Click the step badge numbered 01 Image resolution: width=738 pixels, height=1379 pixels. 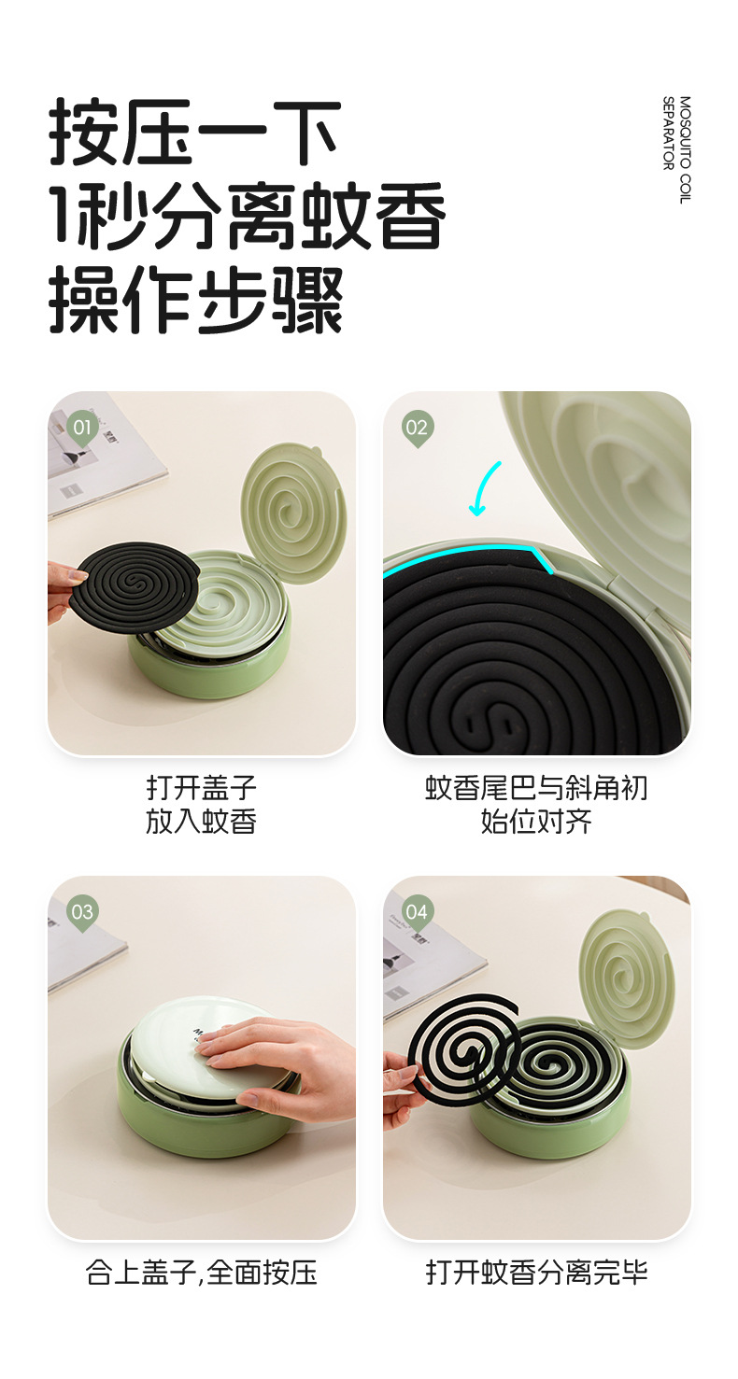pos(82,429)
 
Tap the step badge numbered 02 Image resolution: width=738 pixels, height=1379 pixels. pos(417,429)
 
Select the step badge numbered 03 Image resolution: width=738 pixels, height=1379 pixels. pos(82,913)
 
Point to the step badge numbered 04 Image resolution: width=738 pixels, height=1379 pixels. pos(417,913)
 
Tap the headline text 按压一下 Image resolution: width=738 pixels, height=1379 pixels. pos(194,132)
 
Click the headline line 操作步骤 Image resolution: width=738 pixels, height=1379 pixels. pos(196,300)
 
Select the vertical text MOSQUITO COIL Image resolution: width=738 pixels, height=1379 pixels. pos(685,149)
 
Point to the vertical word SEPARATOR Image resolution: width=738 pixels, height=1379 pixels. pos(668,133)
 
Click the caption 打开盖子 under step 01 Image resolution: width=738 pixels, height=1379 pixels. pos(202,787)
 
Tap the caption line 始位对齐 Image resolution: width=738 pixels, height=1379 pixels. pos(536,821)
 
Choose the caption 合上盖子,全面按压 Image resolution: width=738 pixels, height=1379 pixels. pos(202,1273)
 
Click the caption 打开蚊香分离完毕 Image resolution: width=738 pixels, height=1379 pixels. pos(536,1273)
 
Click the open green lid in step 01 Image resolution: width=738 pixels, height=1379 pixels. pos(293,514)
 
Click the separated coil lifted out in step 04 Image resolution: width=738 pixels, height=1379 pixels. pos(463,1044)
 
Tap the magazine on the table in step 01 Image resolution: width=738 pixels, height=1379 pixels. pos(99,453)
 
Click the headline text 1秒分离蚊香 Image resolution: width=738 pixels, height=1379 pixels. pos(247,216)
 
